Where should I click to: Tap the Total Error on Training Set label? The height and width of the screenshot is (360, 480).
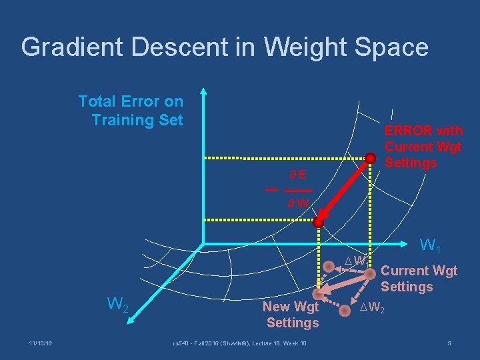[x=131, y=111]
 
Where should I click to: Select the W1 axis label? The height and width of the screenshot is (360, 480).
[x=429, y=246]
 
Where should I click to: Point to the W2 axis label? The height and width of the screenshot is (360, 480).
[x=118, y=305]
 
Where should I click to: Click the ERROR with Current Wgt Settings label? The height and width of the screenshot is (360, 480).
[x=423, y=147]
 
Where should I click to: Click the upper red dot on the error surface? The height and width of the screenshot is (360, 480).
[x=371, y=158]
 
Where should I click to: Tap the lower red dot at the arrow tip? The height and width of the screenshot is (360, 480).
[x=319, y=222]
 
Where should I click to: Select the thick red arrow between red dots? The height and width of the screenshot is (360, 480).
[x=345, y=190]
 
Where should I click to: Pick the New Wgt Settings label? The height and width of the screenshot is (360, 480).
[x=292, y=315]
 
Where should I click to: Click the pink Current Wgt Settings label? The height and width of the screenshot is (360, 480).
[x=419, y=279]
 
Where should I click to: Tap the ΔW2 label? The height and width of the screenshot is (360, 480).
[x=372, y=307]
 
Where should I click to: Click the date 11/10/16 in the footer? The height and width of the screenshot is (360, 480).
[x=41, y=343]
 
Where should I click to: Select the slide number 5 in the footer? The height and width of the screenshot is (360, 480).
[x=450, y=343]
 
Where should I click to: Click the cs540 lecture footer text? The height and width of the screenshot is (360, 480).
[x=239, y=343]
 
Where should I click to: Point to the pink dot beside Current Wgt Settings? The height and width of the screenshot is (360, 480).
[x=370, y=273]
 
